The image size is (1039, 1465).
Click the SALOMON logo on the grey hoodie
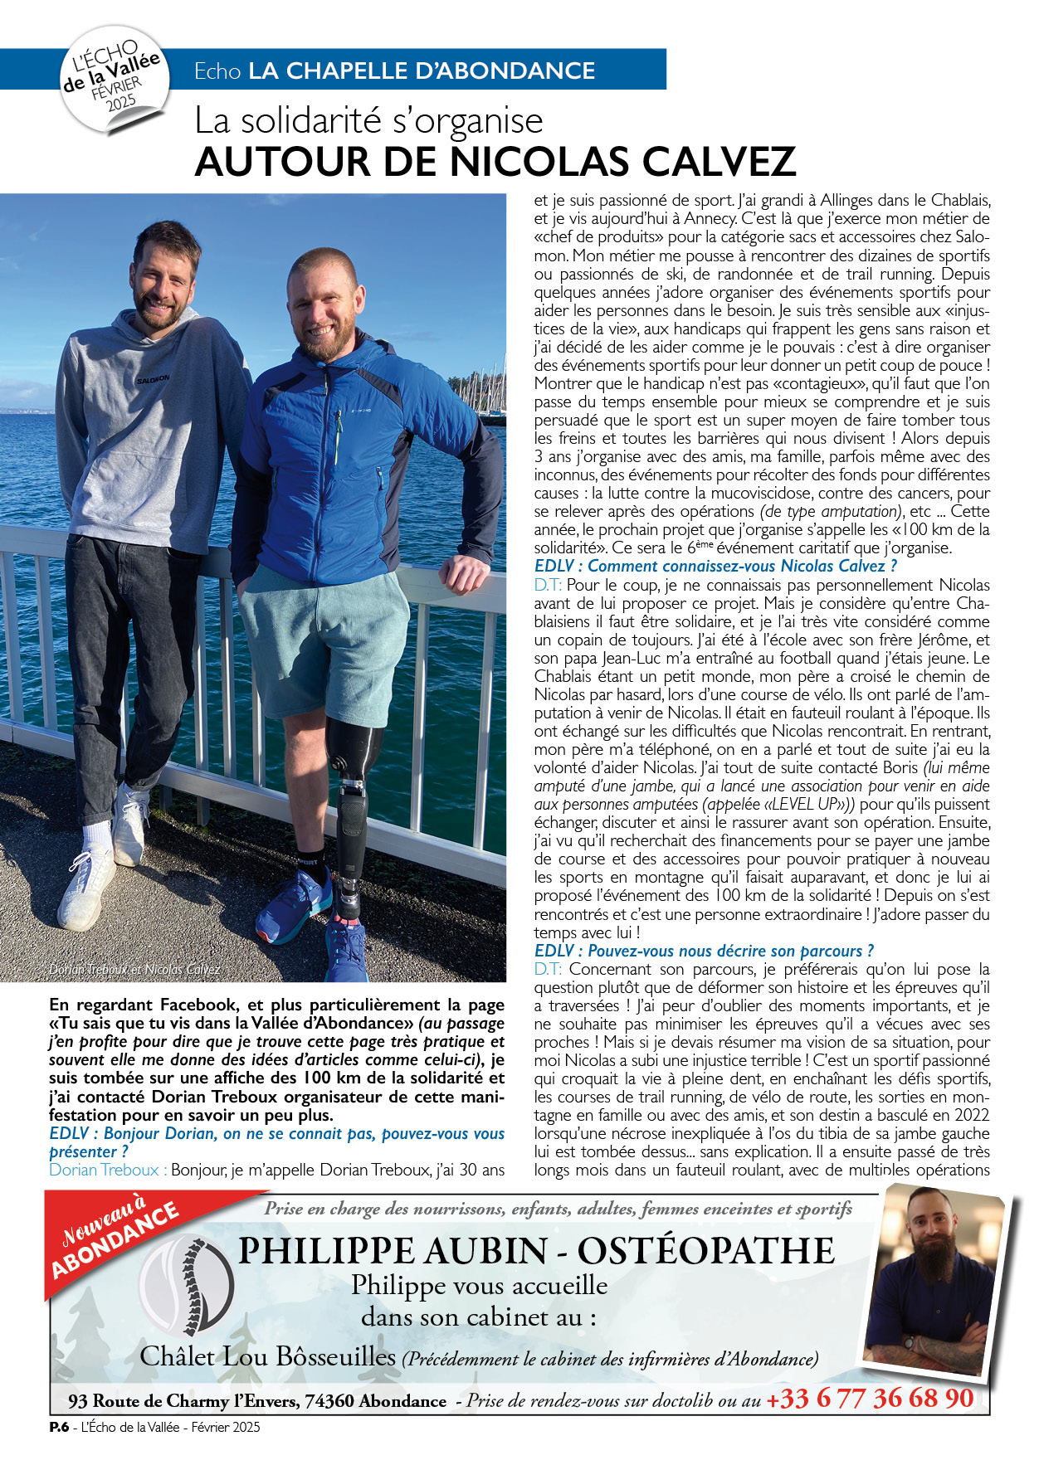click(x=153, y=379)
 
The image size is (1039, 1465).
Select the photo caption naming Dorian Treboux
click(x=134, y=969)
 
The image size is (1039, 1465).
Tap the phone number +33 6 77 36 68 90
click(x=869, y=1399)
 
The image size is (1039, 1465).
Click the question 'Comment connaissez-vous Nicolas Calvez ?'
click(x=715, y=567)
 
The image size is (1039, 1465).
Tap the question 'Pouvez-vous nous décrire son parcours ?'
click(x=704, y=951)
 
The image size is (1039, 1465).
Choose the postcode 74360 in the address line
click(x=329, y=1401)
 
